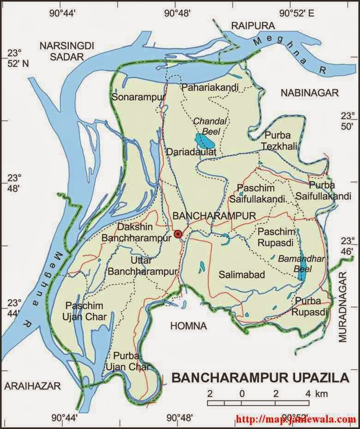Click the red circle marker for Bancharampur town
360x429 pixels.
(178, 235)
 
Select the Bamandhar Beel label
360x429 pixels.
(295, 264)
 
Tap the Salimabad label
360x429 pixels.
(242, 275)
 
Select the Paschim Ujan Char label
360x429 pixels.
(86, 311)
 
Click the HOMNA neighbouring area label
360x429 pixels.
(188, 326)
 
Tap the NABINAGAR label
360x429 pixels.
(309, 93)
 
